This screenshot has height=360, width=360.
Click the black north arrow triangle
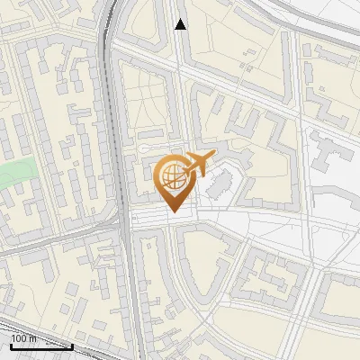[181, 24]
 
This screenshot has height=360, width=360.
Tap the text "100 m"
[24, 338]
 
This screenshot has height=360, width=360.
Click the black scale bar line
[41, 346]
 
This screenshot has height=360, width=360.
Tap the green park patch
[16, 172]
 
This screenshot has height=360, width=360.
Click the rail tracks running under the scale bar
[54, 354]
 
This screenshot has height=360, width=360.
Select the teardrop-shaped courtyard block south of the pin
[207, 261]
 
